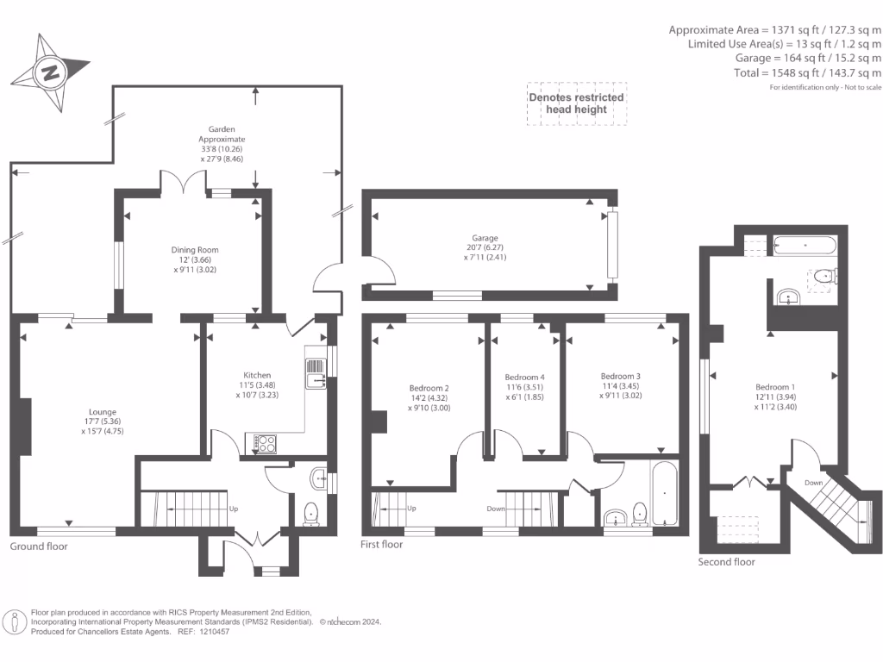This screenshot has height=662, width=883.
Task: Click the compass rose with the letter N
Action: click(51, 72)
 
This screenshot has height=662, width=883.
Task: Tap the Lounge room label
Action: click(103, 412)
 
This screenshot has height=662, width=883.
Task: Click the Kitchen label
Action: click(257, 375)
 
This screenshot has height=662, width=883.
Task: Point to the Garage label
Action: click(484, 239)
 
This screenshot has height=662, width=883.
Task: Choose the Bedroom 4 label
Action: click(524, 378)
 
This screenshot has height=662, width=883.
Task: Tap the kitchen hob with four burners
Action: click(266, 445)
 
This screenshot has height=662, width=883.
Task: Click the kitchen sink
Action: click(315, 375)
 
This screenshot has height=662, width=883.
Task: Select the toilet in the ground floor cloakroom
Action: click(311, 513)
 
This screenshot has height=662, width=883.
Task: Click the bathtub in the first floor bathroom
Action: click(665, 494)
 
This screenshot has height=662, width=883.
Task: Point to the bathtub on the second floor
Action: click(805, 244)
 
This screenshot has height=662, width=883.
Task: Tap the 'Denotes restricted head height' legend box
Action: click(576, 103)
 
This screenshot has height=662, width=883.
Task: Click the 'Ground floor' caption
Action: click(38, 546)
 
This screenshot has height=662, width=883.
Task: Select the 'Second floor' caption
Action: click(726, 562)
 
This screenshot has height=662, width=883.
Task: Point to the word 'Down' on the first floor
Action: click(495, 509)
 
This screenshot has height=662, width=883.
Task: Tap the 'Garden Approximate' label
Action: click(222, 134)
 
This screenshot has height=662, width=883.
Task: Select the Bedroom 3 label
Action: click(620, 377)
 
